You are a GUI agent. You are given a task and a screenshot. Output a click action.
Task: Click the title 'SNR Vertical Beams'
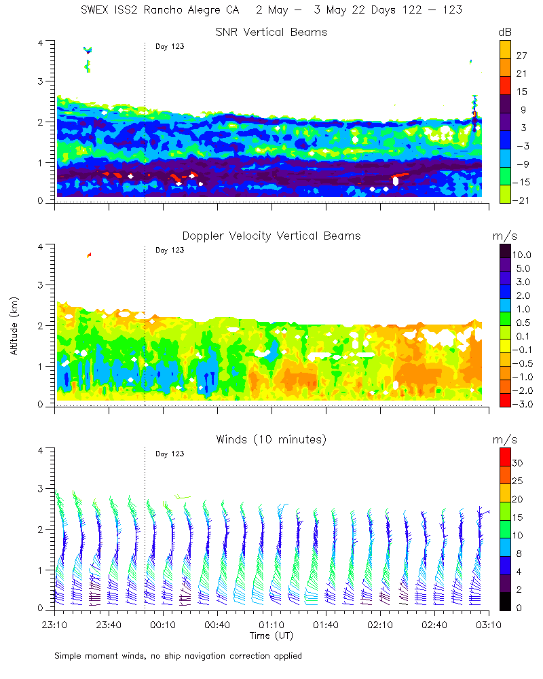pos(271,32)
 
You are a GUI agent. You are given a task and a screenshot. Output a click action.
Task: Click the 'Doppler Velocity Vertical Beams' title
pos(271,236)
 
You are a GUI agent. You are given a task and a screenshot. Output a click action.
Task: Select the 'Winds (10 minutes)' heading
pos(271,439)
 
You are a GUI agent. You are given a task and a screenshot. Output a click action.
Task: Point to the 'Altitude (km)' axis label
pos(14,326)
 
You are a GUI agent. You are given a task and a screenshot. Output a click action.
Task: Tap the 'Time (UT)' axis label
pos(271,636)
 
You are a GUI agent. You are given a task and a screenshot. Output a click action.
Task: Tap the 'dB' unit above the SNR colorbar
pos(505,32)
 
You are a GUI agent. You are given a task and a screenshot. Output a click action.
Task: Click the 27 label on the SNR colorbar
pos(521,56)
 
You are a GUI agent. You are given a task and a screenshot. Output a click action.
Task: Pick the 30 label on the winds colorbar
pos(521,463)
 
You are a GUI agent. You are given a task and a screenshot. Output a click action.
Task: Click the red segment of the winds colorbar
pos(505,455)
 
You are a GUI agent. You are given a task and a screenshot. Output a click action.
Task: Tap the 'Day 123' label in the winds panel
pos(170,454)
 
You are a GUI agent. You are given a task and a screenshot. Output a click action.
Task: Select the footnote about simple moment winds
pos(178,656)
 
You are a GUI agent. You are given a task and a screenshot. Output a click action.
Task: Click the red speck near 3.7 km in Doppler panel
pos(89,255)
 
